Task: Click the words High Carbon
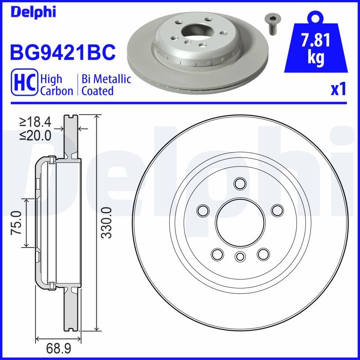[56, 85]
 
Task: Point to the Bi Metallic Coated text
[106, 85]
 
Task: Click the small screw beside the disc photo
[271, 23]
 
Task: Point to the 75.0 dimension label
[17, 222]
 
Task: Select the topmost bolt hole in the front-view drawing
[240, 183]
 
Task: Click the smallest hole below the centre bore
[240, 256]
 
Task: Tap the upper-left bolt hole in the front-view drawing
[203, 210]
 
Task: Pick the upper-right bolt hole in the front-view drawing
[277, 210]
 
